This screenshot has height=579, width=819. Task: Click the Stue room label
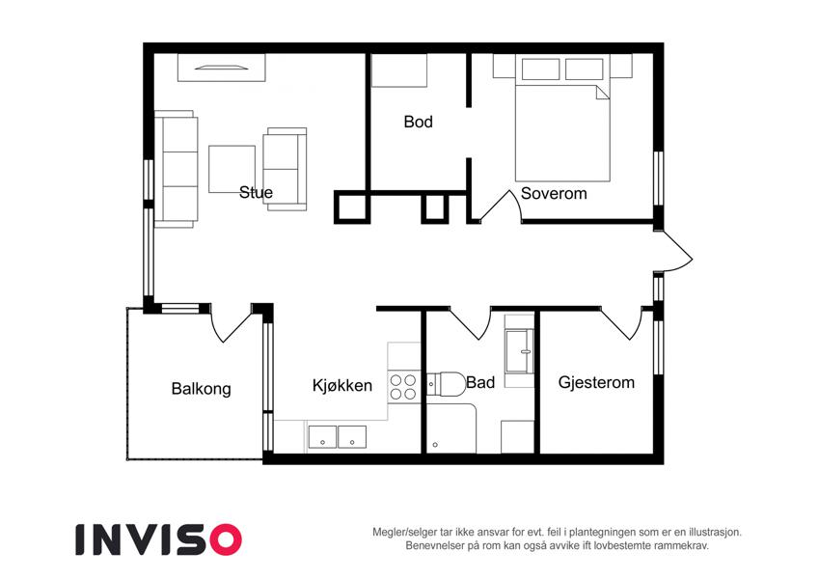click(256, 192)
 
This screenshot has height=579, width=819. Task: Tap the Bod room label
click(419, 122)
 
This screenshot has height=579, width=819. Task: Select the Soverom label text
click(554, 193)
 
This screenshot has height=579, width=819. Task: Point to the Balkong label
click(201, 389)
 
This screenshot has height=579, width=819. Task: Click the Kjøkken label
click(342, 386)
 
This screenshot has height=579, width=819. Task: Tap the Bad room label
click(480, 382)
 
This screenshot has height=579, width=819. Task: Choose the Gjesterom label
click(596, 382)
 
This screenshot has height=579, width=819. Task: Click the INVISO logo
click(159, 539)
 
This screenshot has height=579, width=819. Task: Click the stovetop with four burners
click(404, 387)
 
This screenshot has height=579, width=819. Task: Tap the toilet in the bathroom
click(447, 385)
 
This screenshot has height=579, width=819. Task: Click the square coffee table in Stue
click(232, 169)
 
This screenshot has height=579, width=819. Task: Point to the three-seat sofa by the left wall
click(177, 169)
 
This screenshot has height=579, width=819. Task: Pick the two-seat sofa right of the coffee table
click(285, 169)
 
